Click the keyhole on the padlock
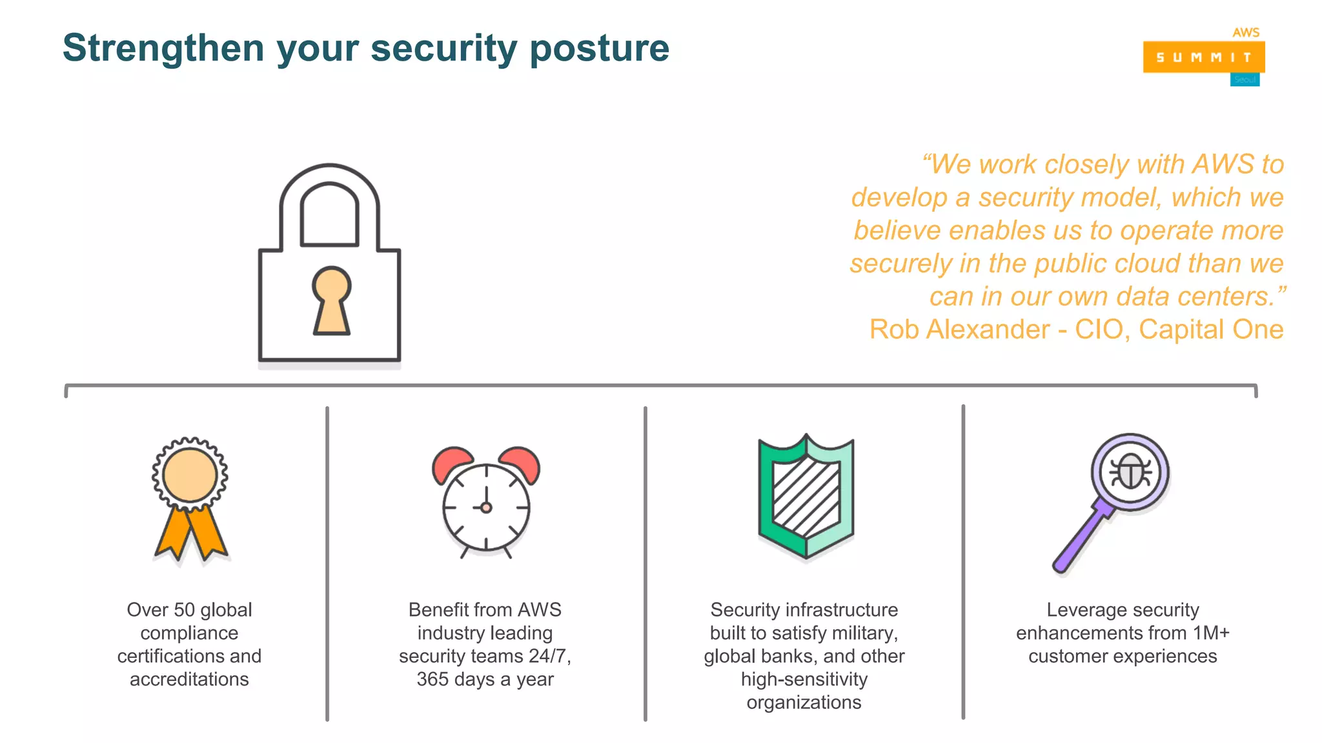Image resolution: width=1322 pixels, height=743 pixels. point(331,300)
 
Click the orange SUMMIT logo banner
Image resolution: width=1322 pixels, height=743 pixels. point(1203,57)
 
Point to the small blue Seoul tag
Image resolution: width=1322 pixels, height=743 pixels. point(1245,80)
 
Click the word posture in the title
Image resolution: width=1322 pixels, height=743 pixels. point(599,49)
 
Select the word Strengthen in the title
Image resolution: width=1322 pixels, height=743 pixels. point(163,48)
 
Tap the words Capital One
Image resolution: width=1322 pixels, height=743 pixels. point(1210,330)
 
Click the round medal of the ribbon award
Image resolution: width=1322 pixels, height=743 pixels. point(190,475)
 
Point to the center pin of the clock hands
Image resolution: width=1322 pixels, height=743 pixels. point(486,508)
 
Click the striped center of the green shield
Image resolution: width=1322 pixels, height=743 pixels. point(806,497)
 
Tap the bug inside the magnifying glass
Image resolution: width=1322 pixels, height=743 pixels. point(1130,472)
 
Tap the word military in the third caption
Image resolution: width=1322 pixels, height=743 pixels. point(866,633)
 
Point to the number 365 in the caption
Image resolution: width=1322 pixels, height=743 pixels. point(432,679)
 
